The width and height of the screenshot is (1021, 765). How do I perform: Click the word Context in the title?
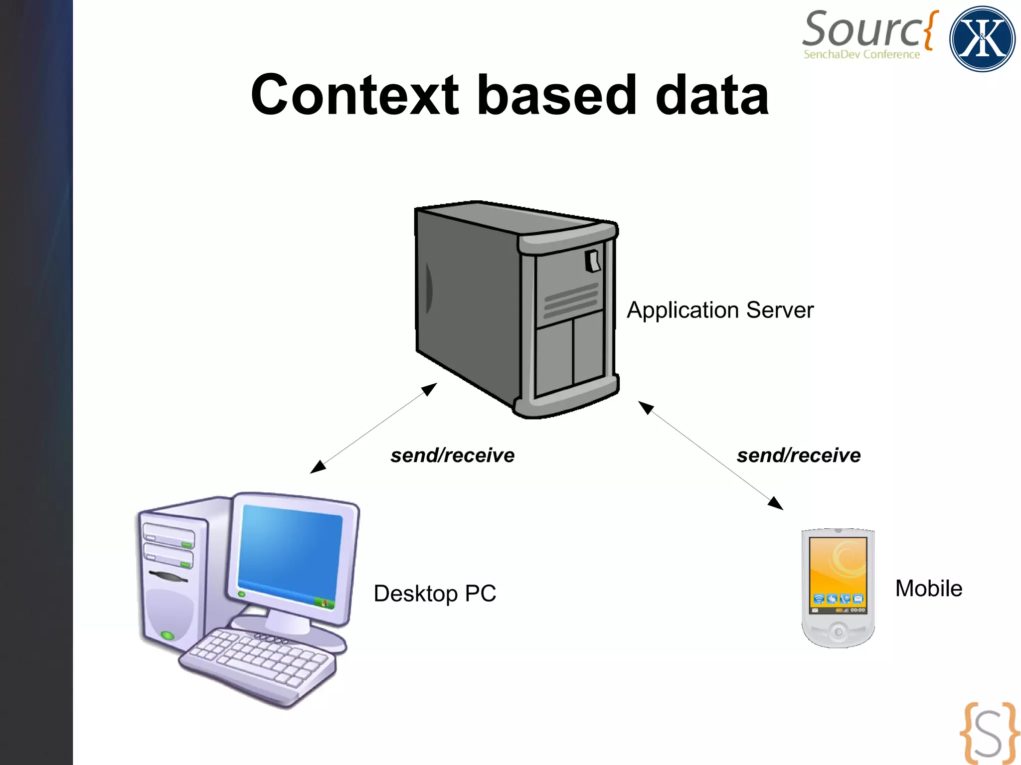354,95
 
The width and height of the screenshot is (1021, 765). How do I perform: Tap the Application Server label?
720,310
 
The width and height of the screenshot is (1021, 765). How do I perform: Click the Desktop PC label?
435,594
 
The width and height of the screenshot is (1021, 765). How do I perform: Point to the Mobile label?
928,589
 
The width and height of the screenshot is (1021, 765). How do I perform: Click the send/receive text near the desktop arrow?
452,456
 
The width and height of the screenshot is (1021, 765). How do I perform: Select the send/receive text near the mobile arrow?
799,456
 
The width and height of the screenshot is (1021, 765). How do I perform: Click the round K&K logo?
982,39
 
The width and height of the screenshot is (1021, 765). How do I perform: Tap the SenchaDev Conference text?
861,54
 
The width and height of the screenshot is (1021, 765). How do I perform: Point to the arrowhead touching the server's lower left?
430,389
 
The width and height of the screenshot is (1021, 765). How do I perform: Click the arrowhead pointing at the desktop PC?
318,467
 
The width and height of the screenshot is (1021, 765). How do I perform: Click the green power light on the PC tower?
168,635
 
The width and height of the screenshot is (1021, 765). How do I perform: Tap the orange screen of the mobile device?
838,568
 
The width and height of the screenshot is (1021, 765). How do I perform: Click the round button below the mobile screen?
838,632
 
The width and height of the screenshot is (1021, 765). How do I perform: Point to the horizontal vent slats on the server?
571,301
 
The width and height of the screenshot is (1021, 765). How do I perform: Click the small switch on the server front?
593,261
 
